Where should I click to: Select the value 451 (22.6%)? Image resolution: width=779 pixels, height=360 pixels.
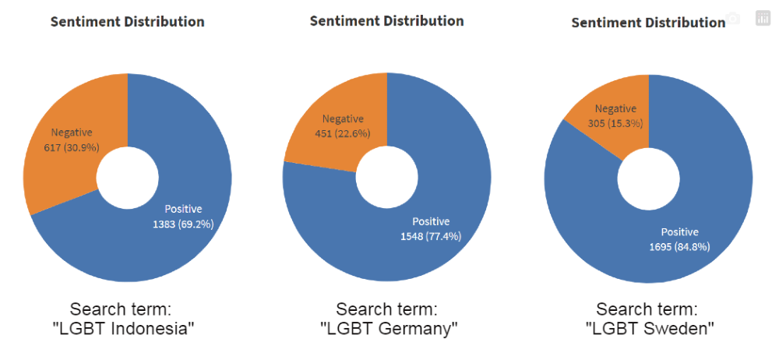point(344,133)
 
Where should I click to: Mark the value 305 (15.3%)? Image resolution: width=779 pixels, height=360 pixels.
point(615,123)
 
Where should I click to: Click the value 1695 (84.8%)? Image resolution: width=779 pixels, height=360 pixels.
point(679,247)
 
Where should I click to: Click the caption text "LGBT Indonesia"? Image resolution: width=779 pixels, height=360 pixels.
point(123,329)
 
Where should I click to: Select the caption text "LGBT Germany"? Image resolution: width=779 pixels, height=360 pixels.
point(388,329)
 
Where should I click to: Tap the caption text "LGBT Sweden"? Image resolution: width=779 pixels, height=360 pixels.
point(650,329)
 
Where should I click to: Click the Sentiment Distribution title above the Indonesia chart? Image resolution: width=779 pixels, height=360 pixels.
point(127,22)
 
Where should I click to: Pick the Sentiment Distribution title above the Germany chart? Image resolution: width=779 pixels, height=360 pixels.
point(386,20)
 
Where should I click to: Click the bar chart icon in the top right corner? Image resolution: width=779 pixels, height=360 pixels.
point(762,19)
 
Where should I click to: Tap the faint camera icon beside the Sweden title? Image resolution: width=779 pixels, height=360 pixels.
point(732,19)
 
